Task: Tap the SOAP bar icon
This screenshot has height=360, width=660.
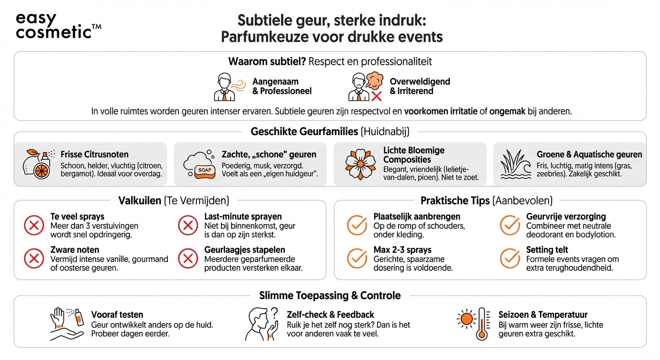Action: [x=205, y=170]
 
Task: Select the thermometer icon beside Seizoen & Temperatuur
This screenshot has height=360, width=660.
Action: [x=481, y=323]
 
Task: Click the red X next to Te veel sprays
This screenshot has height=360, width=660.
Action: [x=34, y=226]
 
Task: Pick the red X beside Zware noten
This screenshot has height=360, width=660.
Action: [x=34, y=258]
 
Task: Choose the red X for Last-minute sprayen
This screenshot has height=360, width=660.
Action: [x=188, y=226]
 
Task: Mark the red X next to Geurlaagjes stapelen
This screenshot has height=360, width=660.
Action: [x=188, y=258]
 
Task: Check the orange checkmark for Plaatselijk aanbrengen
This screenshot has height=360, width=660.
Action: [x=357, y=225]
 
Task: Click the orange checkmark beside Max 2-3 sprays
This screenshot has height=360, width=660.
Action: [x=357, y=258]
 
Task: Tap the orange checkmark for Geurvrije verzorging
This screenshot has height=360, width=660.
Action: [x=510, y=225]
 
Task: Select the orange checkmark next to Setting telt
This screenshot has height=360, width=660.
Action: [x=510, y=258]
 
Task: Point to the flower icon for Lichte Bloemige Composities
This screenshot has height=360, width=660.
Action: [x=360, y=164]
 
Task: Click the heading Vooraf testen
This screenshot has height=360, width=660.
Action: [x=117, y=315]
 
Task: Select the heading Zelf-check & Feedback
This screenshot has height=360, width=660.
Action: [x=330, y=315]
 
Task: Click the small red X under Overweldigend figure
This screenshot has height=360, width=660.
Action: [x=376, y=96]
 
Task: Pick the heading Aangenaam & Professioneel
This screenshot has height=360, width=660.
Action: [x=282, y=86]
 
